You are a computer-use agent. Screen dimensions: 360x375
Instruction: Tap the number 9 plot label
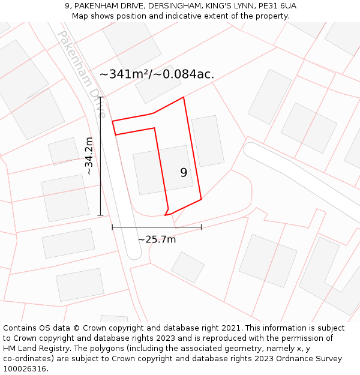click(184, 173)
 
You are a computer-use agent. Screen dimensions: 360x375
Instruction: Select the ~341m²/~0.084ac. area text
click(157, 74)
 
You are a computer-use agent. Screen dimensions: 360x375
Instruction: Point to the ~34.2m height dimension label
click(89, 156)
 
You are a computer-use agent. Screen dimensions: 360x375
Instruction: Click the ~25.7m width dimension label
click(157, 239)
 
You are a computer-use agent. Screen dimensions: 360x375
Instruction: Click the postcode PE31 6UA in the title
click(277, 6)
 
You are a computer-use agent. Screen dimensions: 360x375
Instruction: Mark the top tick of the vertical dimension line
click(100, 97)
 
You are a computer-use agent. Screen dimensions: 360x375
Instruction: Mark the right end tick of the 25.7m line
click(201, 227)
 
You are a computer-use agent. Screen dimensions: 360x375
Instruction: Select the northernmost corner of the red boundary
click(183, 97)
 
